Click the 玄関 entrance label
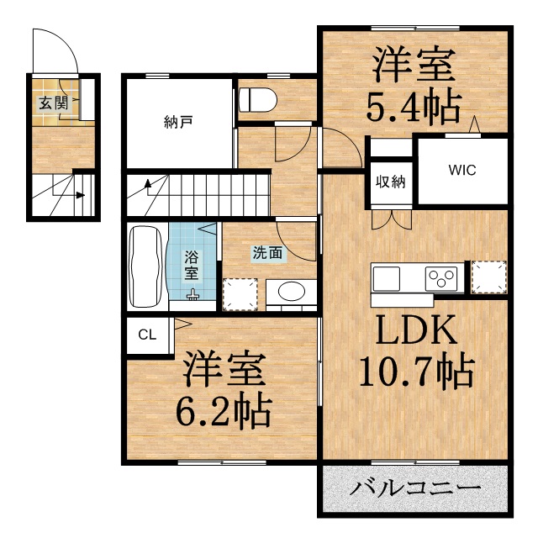[53, 103]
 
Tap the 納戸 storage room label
[178, 122]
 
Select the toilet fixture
[258, 100]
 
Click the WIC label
[462, 170]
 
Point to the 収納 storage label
[390, 182]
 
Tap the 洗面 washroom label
[267, 253]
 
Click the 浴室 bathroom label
[192, 265]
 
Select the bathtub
[145, 266]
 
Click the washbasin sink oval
[292, 292]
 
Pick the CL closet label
[147, 335]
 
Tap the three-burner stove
[441, 278]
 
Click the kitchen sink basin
[387, 278]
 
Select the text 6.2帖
[224, 410]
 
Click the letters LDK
[417, 330]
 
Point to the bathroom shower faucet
[193, 295]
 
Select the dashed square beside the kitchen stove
[489, 277]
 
